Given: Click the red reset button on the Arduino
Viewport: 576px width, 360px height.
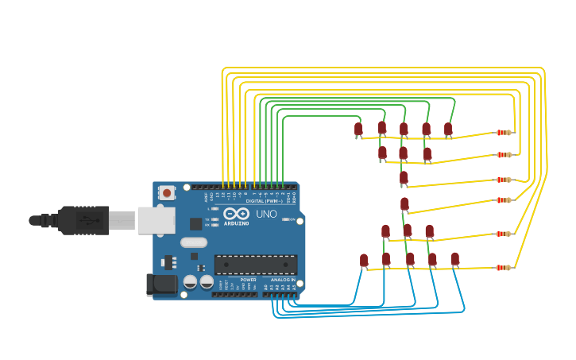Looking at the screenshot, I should [167, 192].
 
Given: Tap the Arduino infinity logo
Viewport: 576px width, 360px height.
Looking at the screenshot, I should [236, 214].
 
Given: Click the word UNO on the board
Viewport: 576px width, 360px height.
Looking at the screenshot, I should [266, 214].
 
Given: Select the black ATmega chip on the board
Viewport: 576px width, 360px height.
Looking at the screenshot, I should [256, 265].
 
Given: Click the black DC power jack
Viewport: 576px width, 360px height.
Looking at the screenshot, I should [161, 285].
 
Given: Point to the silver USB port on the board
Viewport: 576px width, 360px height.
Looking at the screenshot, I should [153, 220].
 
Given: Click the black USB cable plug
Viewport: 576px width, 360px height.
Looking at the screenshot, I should [83, 220].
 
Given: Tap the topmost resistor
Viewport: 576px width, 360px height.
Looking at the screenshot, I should [504, 133].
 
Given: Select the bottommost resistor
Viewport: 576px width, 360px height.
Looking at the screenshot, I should [504, 267].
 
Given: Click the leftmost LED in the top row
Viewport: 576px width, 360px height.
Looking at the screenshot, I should [358, 129].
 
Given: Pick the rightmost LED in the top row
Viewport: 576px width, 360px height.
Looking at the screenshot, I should [448, 129].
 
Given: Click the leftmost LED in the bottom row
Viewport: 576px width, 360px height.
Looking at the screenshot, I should [364, 260].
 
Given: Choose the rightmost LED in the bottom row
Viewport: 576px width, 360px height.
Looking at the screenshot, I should [454, 258].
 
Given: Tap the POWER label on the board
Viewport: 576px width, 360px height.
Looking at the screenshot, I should [248, 280].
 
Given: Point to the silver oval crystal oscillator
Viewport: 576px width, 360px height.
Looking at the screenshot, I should [193, 242].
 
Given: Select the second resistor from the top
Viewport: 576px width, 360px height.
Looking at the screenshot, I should [504, 155].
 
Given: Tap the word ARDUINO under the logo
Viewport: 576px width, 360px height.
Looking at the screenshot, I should [236, 223].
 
